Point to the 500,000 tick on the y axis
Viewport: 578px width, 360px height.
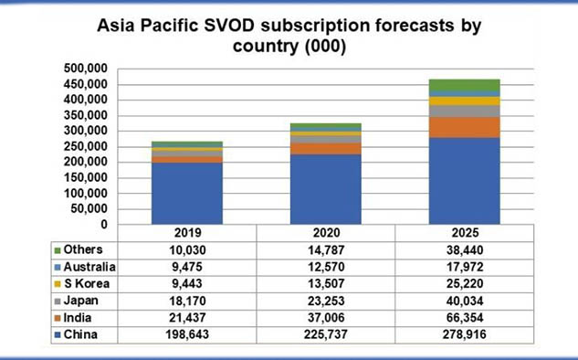(86, 69)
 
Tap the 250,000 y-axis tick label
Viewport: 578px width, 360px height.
(86, 147)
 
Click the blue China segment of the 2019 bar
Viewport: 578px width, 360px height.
(187, 194)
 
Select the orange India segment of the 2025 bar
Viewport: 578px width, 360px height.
(465, 128)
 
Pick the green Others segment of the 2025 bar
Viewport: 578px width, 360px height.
(465, 85)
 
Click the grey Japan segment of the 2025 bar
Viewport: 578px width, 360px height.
(465, 111)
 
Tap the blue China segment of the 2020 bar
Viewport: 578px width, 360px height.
(326, 189)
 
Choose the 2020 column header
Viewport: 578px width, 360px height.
(326, 233)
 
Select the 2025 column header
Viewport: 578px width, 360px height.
(465, 233)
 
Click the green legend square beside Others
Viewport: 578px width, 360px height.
(58, 250)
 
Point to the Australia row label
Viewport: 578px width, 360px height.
(89, 267)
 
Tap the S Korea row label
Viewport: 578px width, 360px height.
(87, 283)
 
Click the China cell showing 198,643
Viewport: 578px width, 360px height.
(187, 334)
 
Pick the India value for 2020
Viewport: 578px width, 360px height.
(326, 318)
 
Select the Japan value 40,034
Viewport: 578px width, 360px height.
(465, 301)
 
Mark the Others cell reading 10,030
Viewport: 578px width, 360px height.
(187, 250)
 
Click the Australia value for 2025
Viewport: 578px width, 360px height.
(465, 267)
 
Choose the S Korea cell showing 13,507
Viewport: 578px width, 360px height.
(326, 283)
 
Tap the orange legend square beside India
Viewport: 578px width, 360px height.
(58, 318)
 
